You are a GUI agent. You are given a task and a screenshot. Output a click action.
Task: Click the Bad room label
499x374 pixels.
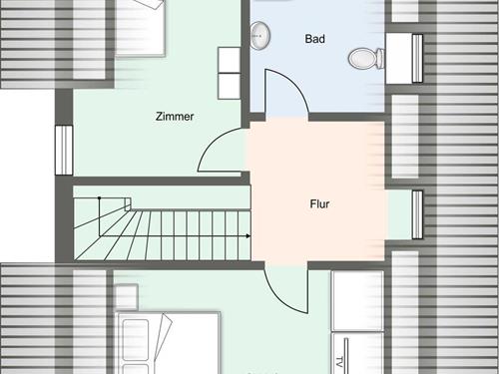point(314,39)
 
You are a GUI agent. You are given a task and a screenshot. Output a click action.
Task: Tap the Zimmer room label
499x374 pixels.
point(175,117)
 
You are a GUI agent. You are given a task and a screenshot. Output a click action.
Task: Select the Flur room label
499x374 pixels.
point(319,203)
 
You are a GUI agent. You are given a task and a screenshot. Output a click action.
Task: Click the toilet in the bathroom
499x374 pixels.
point(366,58)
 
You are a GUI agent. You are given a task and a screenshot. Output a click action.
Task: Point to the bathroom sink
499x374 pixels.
point(259,35)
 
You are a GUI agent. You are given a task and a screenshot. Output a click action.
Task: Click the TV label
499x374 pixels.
point(339,362)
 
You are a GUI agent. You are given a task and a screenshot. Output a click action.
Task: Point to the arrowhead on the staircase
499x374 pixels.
point(249,236)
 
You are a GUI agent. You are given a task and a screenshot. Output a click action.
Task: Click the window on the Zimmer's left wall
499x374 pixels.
point(64,150)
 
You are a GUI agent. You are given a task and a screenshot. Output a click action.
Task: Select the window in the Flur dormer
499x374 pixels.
point(417,214)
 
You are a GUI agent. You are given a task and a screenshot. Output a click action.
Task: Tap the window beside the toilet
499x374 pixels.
point(417,58)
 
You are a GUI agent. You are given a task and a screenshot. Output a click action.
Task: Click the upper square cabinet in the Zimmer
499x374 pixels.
point(230,60)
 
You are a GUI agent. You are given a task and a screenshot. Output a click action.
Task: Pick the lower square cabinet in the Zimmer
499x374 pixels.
point(230,86)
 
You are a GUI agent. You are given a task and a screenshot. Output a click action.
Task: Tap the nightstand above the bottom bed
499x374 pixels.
point(126,297)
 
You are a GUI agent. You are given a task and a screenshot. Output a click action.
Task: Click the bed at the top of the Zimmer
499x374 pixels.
point(140,28)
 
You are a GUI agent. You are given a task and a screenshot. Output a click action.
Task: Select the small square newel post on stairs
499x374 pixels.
point(128,203)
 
